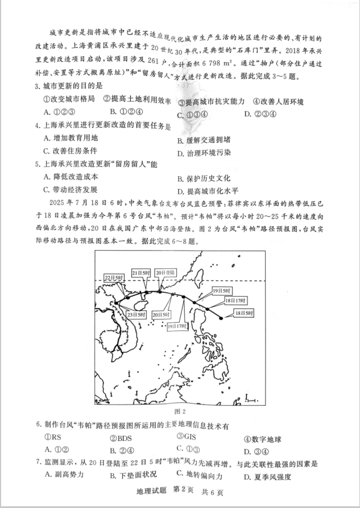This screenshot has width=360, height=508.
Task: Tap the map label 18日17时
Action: click(x=235, y=300)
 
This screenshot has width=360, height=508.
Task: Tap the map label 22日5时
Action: click(x=114, y=277)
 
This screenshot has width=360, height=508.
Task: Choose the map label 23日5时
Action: click(x=136, y=314)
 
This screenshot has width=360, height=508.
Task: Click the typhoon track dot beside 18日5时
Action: click(x=220, y=318)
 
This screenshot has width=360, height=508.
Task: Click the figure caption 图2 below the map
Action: click(x=180, y=410)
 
